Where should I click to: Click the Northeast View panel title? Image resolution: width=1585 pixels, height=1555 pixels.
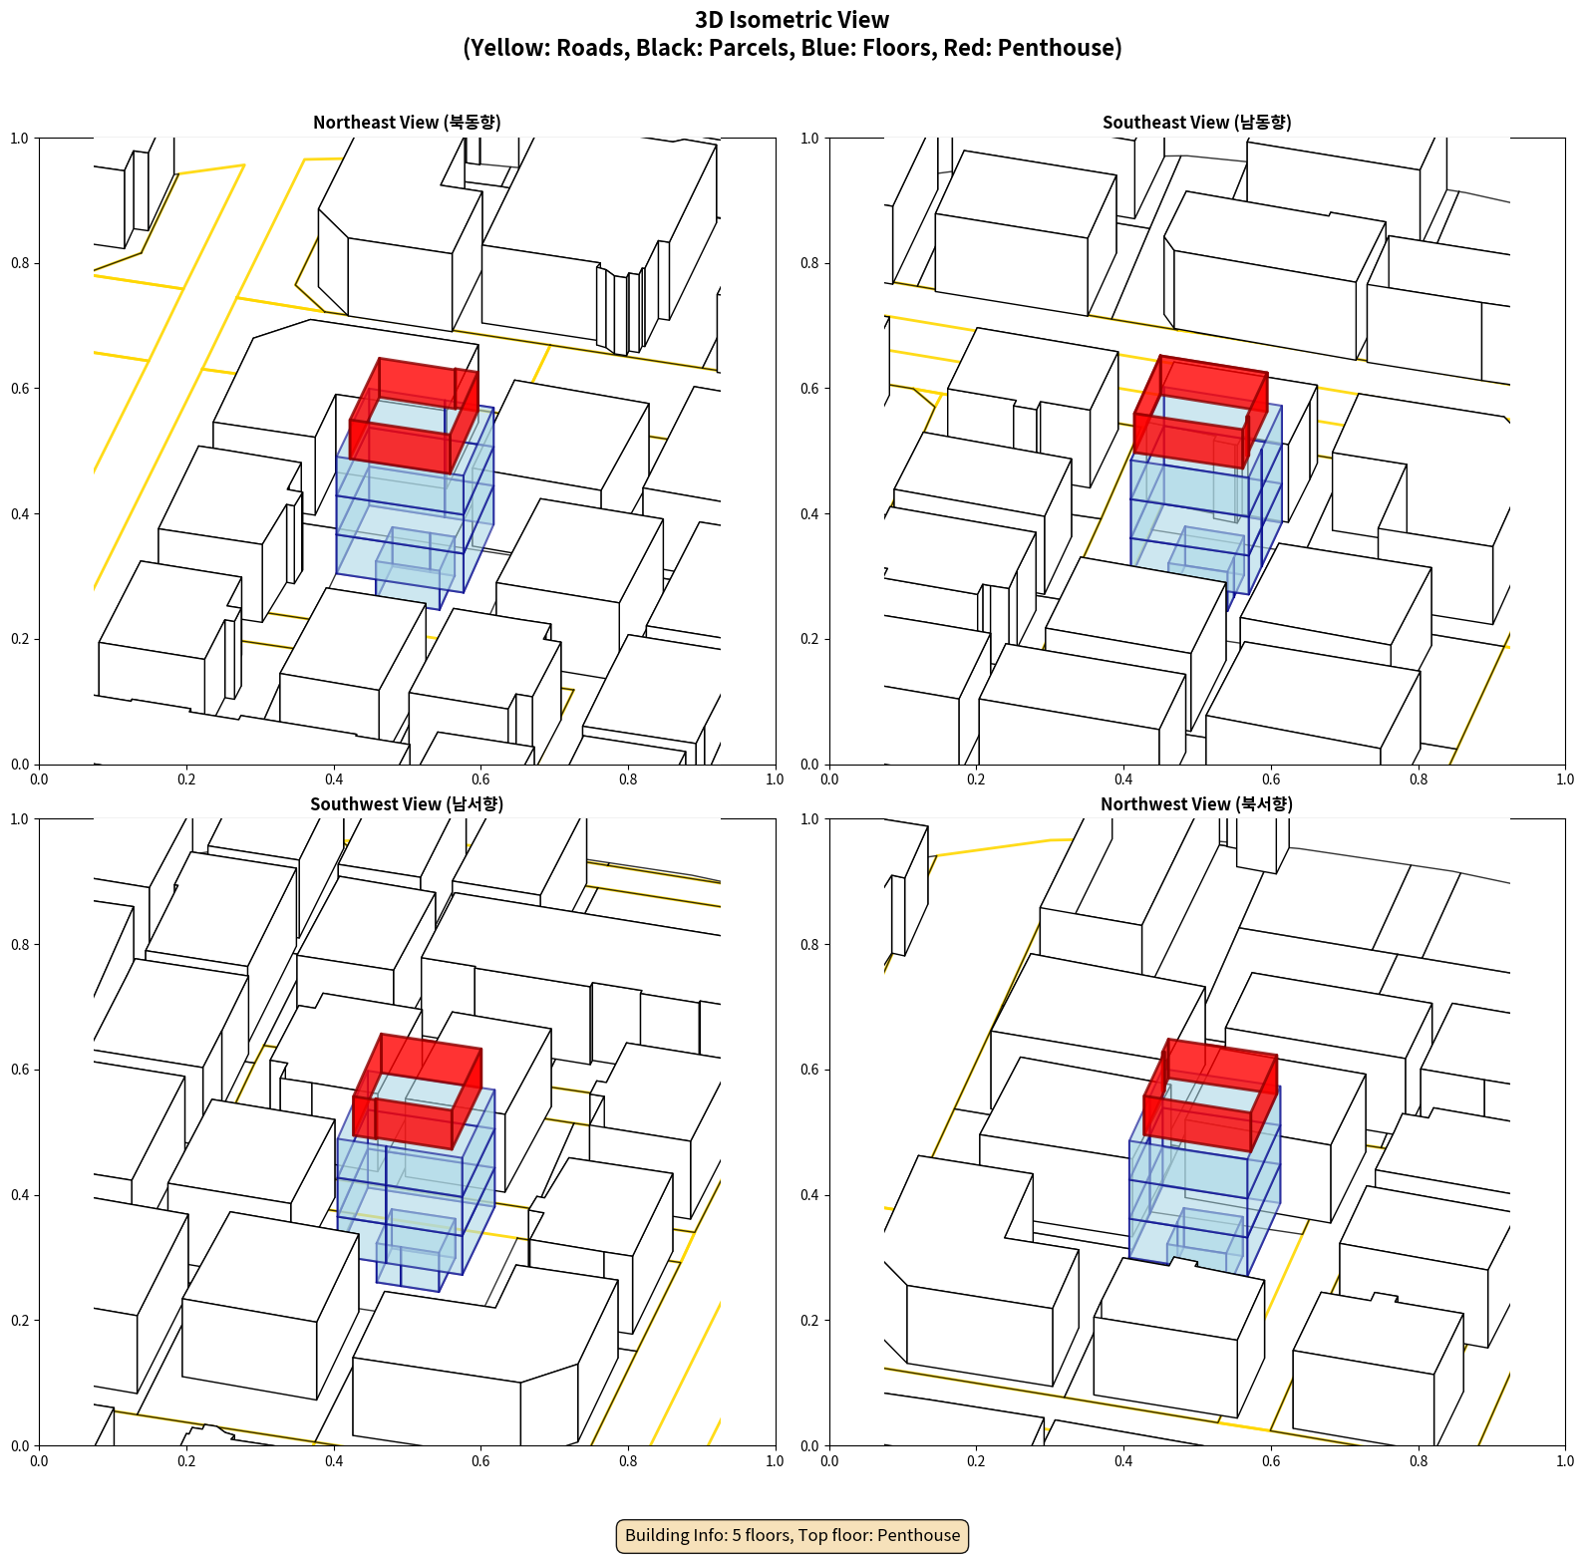point(407,123)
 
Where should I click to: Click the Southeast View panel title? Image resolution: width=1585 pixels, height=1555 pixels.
point(1196,123)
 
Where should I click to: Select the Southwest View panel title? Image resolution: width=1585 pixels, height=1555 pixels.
point(407,804)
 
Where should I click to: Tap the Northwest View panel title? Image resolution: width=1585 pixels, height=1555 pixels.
point(1196,804)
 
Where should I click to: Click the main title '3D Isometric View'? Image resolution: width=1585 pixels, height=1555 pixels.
point(792,20)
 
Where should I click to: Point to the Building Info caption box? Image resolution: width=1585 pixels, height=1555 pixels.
point(792,1535)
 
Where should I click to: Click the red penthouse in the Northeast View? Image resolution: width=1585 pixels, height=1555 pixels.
point(414,416)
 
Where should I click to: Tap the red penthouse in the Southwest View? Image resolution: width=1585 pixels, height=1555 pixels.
point(417,1091)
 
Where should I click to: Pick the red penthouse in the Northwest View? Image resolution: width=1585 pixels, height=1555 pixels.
point(1210,1095)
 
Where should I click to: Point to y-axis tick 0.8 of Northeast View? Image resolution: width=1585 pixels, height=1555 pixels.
point(20,263)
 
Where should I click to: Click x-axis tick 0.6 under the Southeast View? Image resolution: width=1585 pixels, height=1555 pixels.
point(1271,779)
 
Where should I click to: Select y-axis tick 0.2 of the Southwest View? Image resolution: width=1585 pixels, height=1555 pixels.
point(20,1321)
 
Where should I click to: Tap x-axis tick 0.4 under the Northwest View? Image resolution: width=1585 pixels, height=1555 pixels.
point(1123,1461)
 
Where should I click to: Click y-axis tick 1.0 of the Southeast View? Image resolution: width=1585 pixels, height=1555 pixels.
point(810,139)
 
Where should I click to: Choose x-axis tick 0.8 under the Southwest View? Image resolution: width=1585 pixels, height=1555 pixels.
point(628,1461)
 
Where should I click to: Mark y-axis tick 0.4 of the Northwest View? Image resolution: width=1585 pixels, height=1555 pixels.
point(810,1195)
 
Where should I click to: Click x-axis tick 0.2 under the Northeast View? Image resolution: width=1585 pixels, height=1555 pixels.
point(186,779)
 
